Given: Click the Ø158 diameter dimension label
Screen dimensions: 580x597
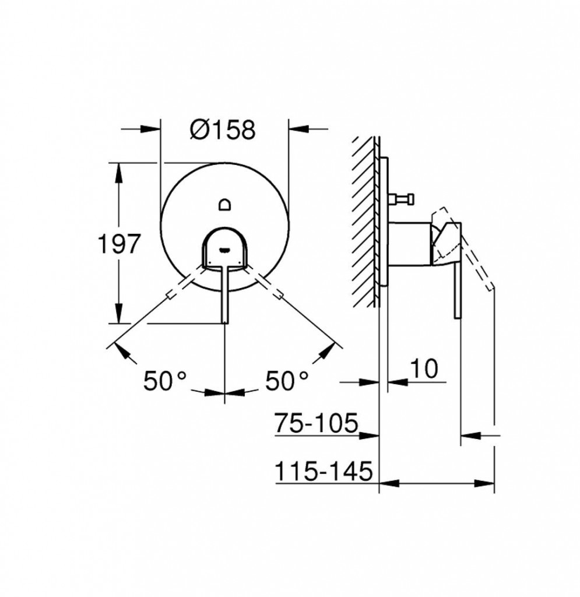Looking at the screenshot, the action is (223, 130).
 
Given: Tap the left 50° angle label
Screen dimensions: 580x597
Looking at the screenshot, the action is (165, 380).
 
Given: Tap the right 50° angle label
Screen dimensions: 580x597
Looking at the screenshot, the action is (287, 380).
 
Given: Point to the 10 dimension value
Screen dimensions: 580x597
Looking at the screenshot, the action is (424, 368).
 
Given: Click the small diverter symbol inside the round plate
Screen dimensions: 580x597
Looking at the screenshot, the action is (224, 205).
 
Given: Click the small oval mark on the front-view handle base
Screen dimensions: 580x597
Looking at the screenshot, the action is (224, 250).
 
